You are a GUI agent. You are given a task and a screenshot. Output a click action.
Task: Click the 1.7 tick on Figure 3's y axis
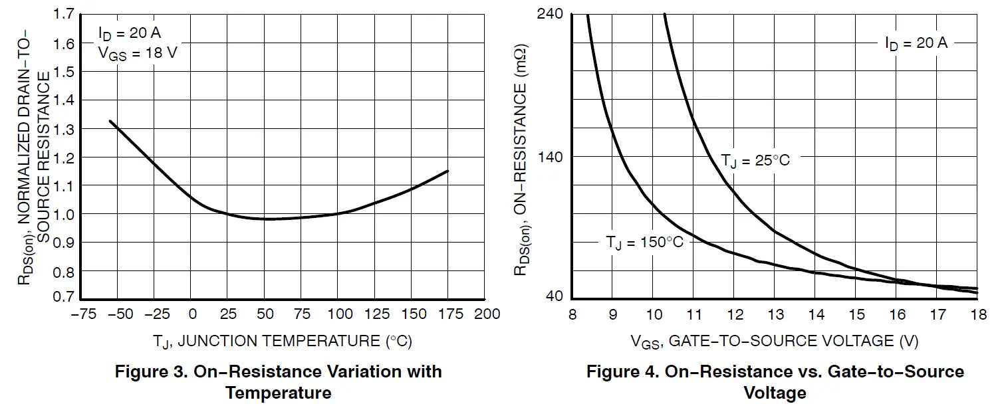click(x=64, y=14)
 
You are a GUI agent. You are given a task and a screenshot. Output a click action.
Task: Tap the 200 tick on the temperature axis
click(x=488, y=314)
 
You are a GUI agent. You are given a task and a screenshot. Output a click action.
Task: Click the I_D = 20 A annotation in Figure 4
click(x=916, y=43)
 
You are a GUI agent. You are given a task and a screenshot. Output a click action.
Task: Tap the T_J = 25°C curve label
click(x=755, y=161)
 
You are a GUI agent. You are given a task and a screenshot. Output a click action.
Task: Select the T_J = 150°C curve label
click(x=644, y=243)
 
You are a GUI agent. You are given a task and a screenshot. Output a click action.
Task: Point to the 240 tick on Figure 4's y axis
click(x=550, y=14)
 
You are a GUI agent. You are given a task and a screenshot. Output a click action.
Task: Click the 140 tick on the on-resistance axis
click(x=550, y=157)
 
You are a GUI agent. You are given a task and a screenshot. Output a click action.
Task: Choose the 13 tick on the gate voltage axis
click(x=775, y=314)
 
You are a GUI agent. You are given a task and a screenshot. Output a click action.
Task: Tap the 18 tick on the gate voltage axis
click(x=977, y=314)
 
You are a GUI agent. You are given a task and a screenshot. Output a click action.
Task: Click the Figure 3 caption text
click(x=278, y=381)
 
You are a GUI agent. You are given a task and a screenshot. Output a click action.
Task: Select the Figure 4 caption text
click(x=775, y=381)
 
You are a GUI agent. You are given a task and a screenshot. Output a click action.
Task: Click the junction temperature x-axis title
click(x=283, y=342)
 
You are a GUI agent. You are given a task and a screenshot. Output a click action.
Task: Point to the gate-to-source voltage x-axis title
click(x=775, y=342)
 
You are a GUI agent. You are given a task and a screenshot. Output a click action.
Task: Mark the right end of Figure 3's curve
click(x=448, y=171)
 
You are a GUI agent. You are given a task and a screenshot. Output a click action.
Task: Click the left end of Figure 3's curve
click(x=110, y=121)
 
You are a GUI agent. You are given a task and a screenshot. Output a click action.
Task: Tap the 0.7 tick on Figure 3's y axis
click(x=64, y=297)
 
